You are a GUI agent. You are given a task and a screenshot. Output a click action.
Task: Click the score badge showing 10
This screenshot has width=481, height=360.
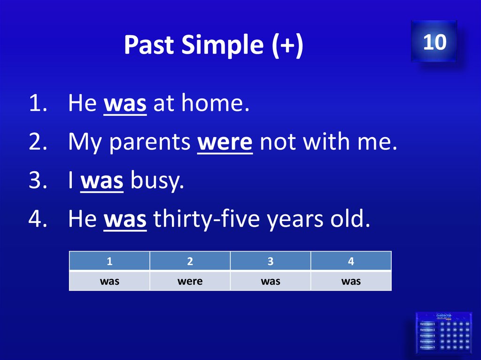(434, 41)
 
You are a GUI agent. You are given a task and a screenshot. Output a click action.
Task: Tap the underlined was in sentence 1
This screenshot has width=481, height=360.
(125, 104)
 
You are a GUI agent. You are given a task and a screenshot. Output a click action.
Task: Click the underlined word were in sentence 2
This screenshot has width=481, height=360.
(225, 143)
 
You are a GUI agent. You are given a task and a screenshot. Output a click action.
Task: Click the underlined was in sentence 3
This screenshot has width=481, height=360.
(102, 181)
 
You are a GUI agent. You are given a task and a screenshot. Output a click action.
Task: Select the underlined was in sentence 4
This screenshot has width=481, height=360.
(125, 220)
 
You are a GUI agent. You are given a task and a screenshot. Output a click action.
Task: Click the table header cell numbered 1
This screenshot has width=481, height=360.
(109, 261)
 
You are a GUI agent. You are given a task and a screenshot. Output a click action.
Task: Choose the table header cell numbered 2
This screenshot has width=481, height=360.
(190, 261)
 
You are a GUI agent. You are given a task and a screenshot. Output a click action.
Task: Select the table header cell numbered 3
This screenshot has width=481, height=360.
(271, 261)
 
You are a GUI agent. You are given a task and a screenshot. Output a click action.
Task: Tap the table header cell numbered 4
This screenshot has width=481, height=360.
(351, 261)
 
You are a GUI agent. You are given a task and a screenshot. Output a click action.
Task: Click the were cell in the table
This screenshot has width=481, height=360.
(190, 281)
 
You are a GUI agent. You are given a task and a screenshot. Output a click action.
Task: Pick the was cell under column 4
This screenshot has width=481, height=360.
(351, 281)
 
